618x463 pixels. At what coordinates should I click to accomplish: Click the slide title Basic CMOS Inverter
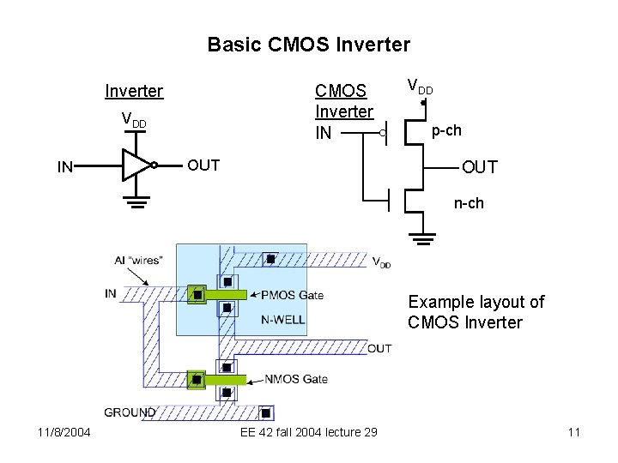point(309,44)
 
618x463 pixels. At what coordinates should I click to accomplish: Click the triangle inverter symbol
point(136,165)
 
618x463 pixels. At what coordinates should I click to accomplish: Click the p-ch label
point(445,131)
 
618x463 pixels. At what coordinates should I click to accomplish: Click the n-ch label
point(469,204)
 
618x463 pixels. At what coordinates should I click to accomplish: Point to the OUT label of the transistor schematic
point(479,167)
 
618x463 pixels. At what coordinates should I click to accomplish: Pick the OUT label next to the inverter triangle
point(203,165)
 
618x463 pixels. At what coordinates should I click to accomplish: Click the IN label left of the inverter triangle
point(65,167)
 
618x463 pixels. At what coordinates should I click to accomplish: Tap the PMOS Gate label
point(292,295)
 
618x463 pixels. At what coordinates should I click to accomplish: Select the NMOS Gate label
point(296,379)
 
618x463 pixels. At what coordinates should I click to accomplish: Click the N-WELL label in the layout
point(283,320)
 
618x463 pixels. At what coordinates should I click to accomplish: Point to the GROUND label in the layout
point(130,412)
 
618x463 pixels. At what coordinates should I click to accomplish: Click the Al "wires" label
point(138,260)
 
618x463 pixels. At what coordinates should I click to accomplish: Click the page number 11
point(574,432)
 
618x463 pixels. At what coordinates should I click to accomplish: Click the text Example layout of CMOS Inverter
point(476,312)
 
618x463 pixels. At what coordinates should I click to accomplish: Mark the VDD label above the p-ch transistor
point(420,87)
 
